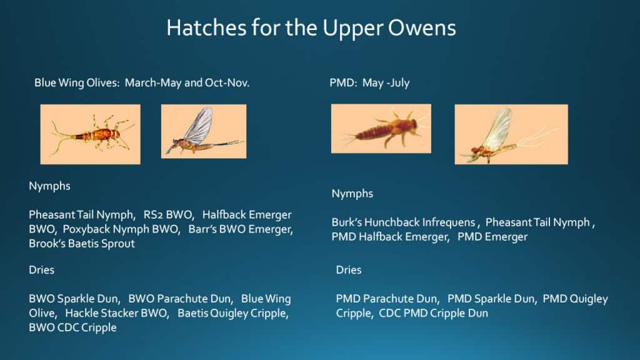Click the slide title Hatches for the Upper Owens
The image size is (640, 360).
point(311,28)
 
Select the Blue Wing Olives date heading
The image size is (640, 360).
point(142,83)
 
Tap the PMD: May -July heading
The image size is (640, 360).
point(369,83)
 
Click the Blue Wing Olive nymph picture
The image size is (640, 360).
point(90,134)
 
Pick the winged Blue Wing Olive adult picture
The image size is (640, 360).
point(204,131)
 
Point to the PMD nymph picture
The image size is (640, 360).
point(381,129)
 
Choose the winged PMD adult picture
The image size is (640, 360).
point(511,134)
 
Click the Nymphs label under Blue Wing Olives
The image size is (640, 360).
point(49,186)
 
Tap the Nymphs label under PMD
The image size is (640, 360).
point(352,194)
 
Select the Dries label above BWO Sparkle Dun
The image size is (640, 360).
point(41,270)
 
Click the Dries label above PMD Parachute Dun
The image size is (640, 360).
point(349,270)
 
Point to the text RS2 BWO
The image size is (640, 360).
point(167,215)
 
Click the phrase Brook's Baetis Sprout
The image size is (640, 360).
point(82,244)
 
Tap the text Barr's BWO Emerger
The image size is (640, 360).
point(241,229)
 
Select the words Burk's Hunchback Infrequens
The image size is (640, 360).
point(403,222)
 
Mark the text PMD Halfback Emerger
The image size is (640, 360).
point(390,237)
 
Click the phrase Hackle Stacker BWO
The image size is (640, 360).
point(116,313)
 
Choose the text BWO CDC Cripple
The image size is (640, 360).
point(72,327)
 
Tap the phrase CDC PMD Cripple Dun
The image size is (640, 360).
point(434,313)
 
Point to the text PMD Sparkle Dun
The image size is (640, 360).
point(491,299)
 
